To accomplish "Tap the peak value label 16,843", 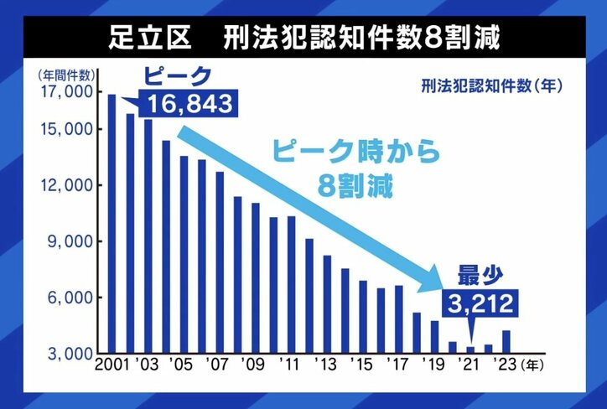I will tap(191, 106).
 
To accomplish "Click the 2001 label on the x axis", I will tap(112, 366).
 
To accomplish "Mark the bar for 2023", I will tap(506, 342).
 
